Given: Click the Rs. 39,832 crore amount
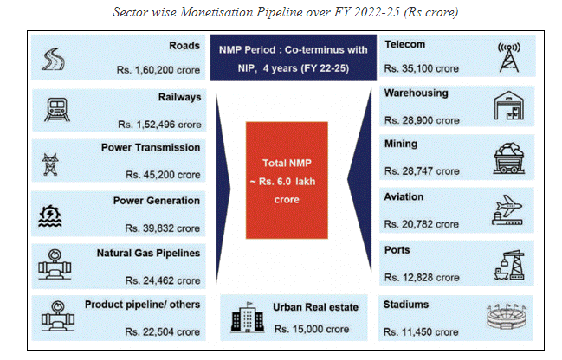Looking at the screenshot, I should coord(162,228).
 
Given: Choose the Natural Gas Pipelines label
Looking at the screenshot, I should coord(148,254).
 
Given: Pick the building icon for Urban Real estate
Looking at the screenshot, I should coord(244,319).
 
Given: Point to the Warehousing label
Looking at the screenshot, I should coord(416,93).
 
